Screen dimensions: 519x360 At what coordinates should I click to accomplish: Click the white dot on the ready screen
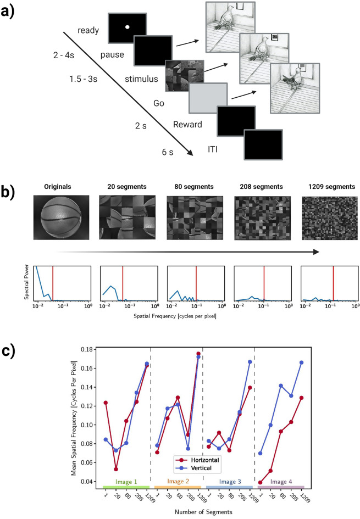[127, 27]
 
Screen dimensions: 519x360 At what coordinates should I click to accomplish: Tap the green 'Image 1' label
[126, 481]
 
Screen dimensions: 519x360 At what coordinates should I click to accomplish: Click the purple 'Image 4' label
[280, 481]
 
